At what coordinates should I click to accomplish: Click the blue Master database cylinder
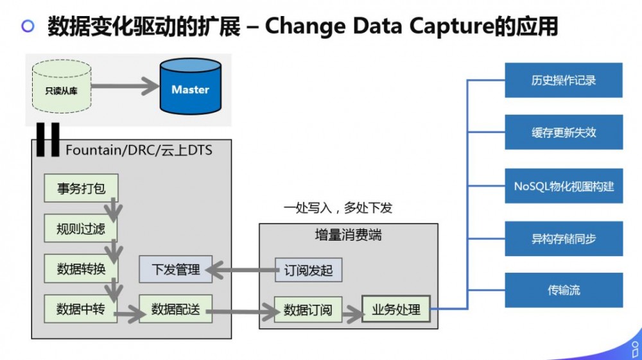pos(191,87)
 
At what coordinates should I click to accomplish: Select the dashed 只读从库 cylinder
pos(62,87)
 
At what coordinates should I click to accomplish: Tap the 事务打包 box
pos(81,188)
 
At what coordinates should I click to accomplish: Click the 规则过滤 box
pos(81,228)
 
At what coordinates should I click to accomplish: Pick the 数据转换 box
pos(81,269)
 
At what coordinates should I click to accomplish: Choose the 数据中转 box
pos(81,309)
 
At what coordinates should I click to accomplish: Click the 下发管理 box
pos(176,269)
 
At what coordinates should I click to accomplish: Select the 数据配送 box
pos(176,309)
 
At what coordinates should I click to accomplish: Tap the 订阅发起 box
pos(308,270)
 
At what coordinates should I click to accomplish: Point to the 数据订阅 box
pos(308,310)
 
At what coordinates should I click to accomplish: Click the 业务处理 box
pos(396,309)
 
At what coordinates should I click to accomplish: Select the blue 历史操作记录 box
pos(564,80)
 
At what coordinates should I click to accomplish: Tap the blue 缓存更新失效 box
pos(564,132)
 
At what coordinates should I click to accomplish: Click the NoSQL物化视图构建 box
pos(564,185)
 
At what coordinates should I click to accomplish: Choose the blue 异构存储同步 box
pos(564,239)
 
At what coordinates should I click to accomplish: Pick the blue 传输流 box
pos(564,290)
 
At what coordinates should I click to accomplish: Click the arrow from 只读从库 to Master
pos(125,87)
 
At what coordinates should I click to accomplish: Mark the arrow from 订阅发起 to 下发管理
pos(243,270)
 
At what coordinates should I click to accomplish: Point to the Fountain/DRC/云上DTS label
pos(139,150)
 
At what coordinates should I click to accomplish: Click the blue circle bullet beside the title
pos(28,26)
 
